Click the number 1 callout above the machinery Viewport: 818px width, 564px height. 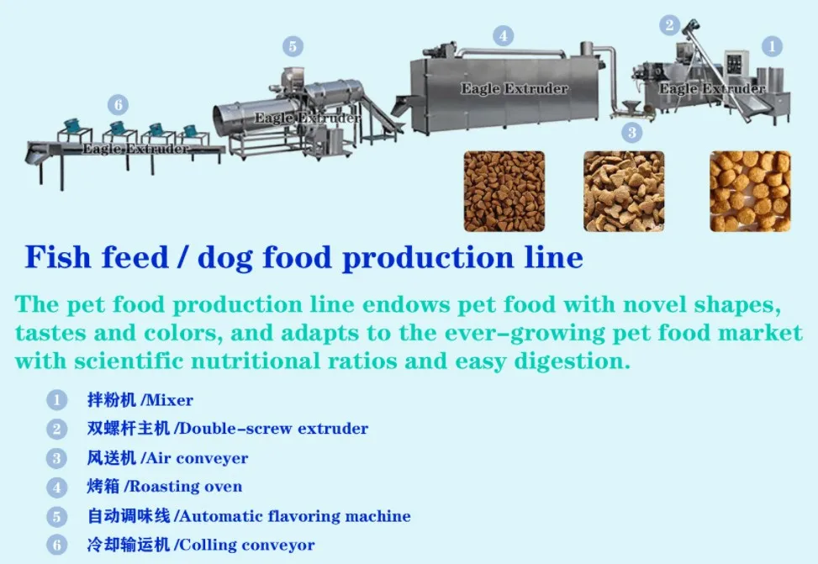(771, 46)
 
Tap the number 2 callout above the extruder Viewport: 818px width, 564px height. (669, 25)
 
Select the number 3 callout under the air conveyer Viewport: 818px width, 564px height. (631, 132)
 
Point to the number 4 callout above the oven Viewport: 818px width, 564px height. (503, 36)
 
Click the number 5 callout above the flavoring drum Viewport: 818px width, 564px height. (293, 45)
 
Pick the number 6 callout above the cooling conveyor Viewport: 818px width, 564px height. (118, 105)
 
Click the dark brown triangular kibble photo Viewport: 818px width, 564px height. (504, 191)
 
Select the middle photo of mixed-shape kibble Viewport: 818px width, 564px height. (624, 191)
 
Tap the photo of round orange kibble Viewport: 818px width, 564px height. (750, 191)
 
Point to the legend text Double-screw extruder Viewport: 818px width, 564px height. (273, 429)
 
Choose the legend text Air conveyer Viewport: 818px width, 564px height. (197, 458)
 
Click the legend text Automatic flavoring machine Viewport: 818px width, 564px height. (295, 516)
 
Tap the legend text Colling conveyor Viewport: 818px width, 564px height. (247, 546)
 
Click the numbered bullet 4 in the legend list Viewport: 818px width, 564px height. (56, 488)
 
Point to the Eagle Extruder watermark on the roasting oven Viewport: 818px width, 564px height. (514, 88)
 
